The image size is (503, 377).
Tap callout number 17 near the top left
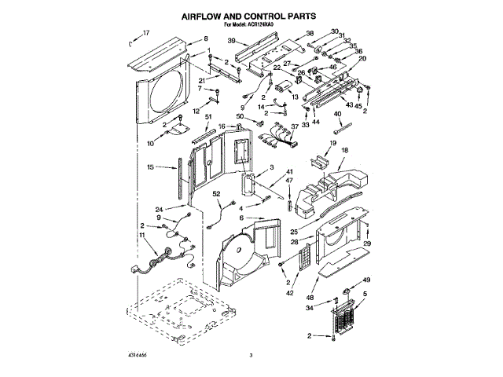pos(145,33)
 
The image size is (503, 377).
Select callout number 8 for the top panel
pos(206,39)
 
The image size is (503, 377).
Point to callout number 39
pos(231,41)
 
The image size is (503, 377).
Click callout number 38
pos(310,33)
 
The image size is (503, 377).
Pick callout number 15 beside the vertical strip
pos(150,168)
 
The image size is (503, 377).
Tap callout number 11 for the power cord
pos(142,236)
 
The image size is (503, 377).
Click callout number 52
pos(217,193)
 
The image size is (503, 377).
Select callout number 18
pos(343,150)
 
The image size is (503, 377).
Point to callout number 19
pos(333,144)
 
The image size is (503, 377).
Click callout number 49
pos(365,280)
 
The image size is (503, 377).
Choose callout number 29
pos(367,243)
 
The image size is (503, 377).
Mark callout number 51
pos(208,117)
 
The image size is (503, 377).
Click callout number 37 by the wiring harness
pos(294,127)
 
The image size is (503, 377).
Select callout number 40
pos(338,114)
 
